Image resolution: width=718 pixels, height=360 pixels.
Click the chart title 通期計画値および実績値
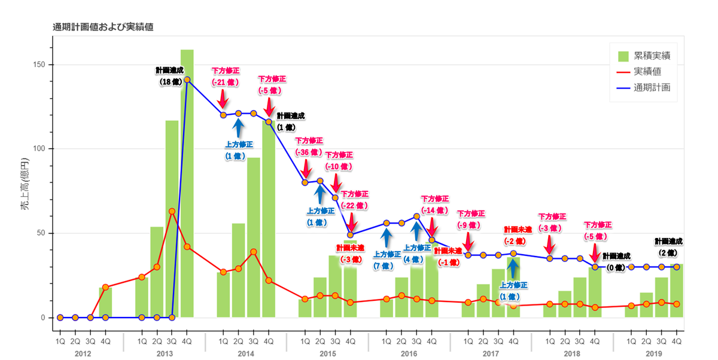click(x=102, y=27)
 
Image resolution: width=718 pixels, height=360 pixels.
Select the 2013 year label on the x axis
click(x=165, y=354)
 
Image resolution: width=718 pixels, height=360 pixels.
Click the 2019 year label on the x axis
click(x=654, y=354)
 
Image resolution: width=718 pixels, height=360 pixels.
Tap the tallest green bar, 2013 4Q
click(x=187, y=179)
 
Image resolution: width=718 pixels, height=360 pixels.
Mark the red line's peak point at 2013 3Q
click(x=172, y=211)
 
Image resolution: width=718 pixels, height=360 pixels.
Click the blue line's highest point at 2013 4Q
click(x=187, y=80)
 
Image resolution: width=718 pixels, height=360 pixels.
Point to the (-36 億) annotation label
click(x=309, y=151)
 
